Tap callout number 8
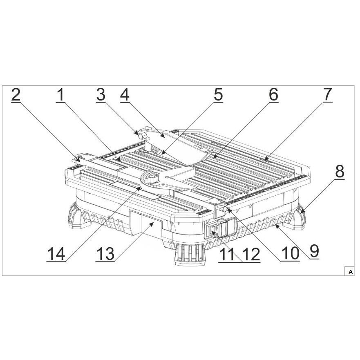coord(340,172)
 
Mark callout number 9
coord(315,251)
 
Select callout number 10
coord(290,253)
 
